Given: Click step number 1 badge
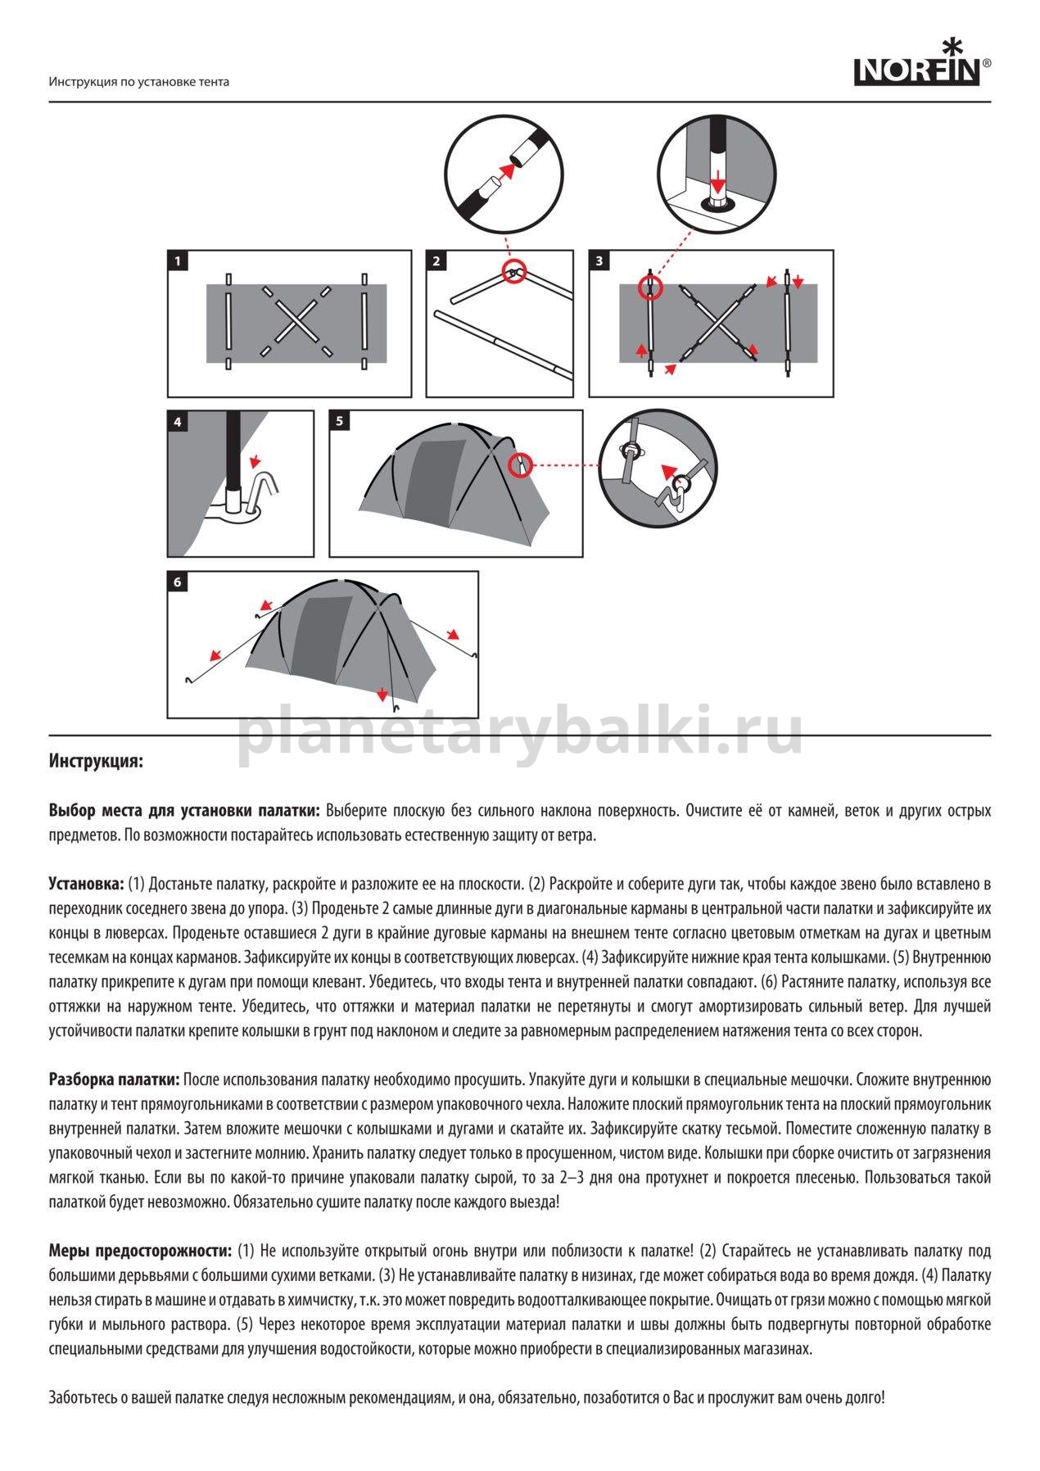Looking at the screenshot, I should coord(178,261).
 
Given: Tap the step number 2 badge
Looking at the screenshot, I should coord(436,261).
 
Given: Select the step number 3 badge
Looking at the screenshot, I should coord(599,261).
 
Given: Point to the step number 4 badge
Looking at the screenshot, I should coord(178,422).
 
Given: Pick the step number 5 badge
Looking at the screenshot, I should coord(339,422).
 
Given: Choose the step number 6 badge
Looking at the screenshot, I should coord(178,582).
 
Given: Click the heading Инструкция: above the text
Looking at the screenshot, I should coord(96,761).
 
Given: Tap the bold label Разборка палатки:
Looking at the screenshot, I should coord(114,1079).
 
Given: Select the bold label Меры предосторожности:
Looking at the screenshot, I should coord(140,1251).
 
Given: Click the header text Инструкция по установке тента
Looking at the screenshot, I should coord(138,82).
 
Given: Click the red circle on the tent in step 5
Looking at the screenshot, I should coord(519,465).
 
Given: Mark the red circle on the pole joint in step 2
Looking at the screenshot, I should coord(513,273).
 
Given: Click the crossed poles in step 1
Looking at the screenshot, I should coord(296,321).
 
